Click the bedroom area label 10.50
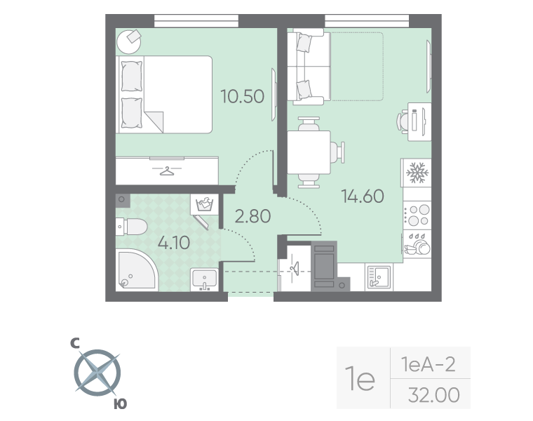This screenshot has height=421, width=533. pos(242,96)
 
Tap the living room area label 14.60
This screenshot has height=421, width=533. pos(362,196)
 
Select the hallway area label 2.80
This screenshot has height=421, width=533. pos(252,217)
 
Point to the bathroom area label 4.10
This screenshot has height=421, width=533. pos(174,244)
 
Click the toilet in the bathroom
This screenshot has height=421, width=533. pos(132,226)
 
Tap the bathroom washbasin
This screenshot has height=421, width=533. pos(205,279)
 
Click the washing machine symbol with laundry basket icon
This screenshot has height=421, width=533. pos(205,205)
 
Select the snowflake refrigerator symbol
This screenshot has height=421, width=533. pos(417,173)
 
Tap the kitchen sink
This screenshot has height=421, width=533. pos(380,276)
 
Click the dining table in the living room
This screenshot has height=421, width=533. pos(309,152)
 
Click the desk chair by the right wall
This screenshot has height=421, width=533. pos(403,121)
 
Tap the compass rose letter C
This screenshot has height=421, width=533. pos(75,343)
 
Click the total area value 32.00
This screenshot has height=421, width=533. pos(433,396)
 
